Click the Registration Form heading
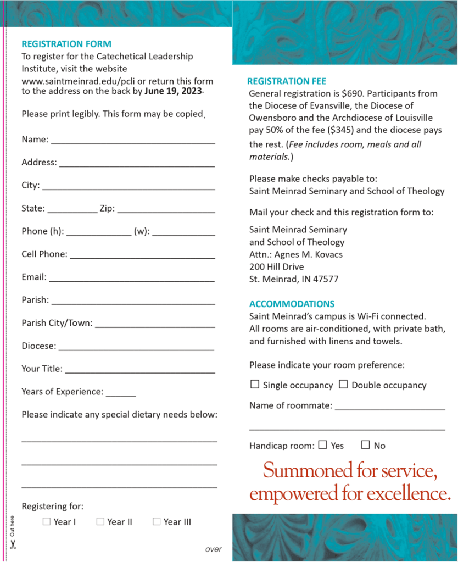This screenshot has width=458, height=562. coord(66,44)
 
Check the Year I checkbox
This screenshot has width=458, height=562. coord(47,521)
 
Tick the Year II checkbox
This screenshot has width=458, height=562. coord(100,521)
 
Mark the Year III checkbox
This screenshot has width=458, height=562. coord(157,521)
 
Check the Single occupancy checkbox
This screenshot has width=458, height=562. coord(255,385)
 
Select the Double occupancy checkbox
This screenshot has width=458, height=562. coord(343,385)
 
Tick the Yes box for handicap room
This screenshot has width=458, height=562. coord(322,445)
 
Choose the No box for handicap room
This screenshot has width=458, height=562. coord(365,445)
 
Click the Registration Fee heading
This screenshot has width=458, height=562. coord(287,81)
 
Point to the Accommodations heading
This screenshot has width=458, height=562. coord(292,304)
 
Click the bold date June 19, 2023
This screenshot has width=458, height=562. coord(174,91)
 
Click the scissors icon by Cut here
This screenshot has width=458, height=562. coord(13,544)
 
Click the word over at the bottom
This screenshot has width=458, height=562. coord(213,549)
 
